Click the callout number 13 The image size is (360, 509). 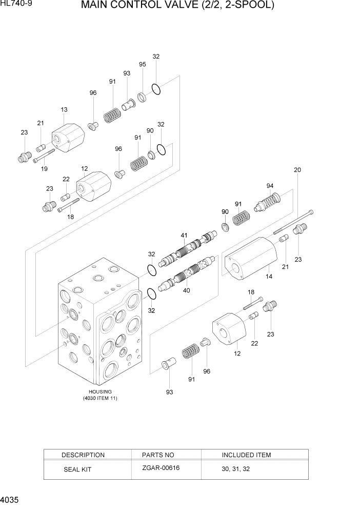64,110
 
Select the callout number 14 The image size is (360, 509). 269,277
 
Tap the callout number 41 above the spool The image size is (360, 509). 184,236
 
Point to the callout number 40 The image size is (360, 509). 186,290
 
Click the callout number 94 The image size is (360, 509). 270,186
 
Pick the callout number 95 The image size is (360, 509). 143,64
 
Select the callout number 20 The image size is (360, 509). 297,170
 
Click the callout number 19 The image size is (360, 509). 44,168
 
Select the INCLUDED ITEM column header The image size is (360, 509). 246,455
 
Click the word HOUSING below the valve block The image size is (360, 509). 100,391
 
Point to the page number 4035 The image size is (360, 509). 11,499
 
